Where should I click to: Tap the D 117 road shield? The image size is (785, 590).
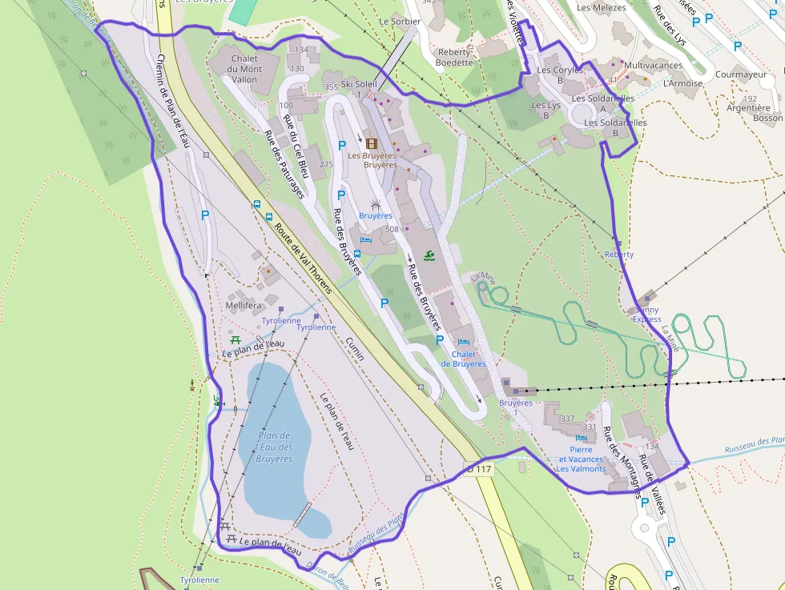click(479, 469)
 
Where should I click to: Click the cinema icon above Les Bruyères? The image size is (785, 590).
click(371, 143)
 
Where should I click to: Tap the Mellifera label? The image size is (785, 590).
click(244, 306)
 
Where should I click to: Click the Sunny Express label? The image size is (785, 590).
click(647, 314)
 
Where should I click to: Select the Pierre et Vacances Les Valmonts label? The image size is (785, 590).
click(581, 460)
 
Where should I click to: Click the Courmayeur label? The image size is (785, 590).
click(741, 75)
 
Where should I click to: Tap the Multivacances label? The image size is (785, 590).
click(653, 66)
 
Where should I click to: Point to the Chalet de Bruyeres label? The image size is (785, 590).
click(469, 359)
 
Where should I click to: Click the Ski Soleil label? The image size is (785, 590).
click(358, 84)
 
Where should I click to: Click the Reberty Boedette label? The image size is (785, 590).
click(454, 57)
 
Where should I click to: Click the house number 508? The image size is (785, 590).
click(392, 230)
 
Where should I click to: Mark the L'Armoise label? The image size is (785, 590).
click(682, 83)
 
